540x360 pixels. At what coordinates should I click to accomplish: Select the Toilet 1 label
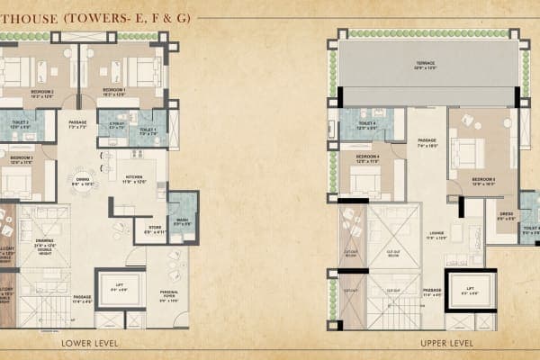pyautogui.click(x=148, y=130)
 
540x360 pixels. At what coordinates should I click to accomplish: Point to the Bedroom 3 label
pyautogui.click(x=22, y=159)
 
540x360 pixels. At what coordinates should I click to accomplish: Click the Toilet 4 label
pyautogui.click(x=366, y=125)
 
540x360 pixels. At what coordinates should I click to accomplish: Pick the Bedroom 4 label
pyautogui.click(x=366, y=158)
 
